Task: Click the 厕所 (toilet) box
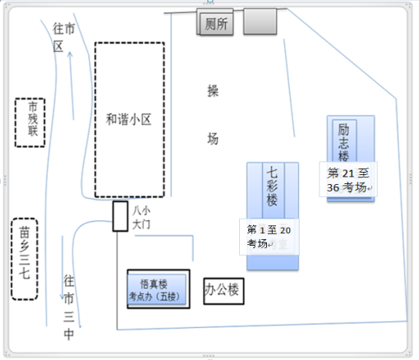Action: [218, 23]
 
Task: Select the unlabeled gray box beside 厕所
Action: [260, 22]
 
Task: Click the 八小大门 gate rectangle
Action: [120, 216]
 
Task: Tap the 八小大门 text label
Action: [141, 216]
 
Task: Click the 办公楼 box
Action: [224, 289]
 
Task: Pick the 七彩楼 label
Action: [272, 187]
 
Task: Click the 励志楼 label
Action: [344, 142]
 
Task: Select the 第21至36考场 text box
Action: [348, 180]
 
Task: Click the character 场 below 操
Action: [213, 139]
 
